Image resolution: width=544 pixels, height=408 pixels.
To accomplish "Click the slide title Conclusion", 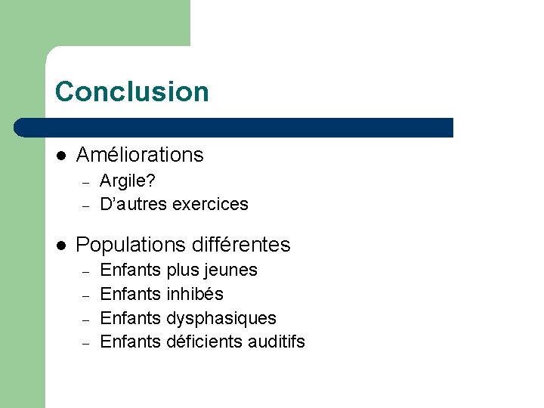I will [x=131, y=91].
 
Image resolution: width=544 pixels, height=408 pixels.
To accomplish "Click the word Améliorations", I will [x=140, y=155].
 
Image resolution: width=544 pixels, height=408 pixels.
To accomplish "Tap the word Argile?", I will [x=128, y=181].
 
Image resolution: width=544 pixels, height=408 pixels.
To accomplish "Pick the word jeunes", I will [x=231, y=270].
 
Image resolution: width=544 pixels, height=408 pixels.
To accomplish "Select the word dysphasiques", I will [x=221, y=318].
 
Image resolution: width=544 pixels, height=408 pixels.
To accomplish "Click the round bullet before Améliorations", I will [x=62, y=156].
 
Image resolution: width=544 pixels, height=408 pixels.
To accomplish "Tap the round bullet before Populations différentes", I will [x=62, y=246].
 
